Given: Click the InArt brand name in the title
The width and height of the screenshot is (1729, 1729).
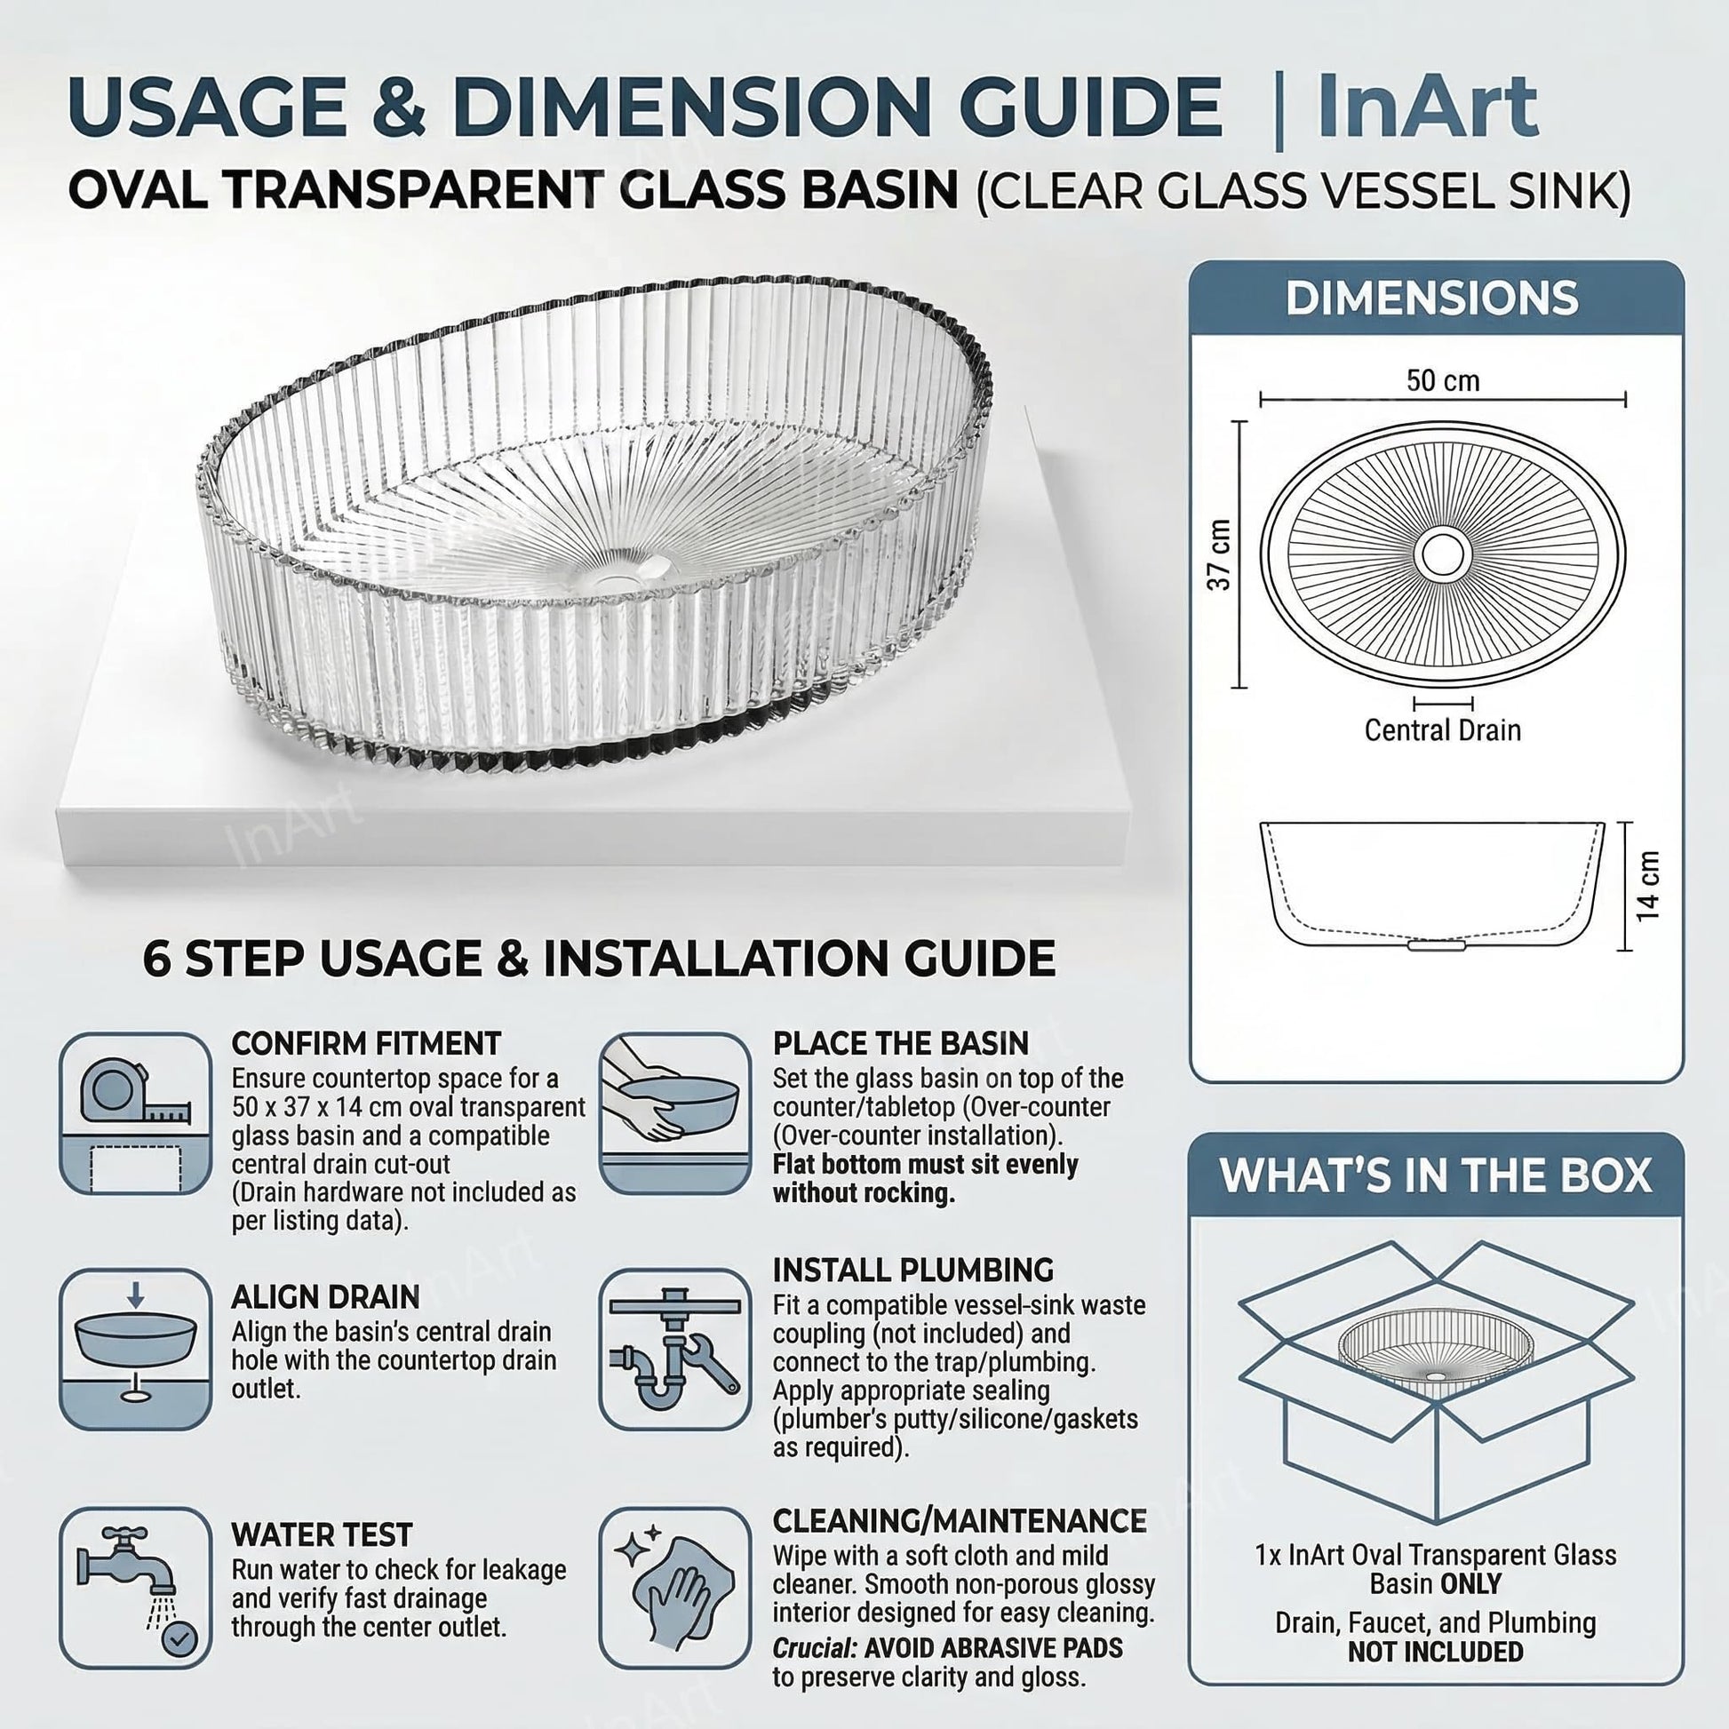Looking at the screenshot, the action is [x=1428, y=108].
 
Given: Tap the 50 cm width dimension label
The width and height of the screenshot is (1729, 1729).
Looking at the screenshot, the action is [x=1443, y=380].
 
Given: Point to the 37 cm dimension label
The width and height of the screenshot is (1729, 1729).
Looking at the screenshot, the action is [x=1219, y=554].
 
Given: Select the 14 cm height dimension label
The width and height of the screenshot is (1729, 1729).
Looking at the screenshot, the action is [x=1647, y=885].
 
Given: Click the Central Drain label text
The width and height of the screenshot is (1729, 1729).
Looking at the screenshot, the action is [x=1443, y=730].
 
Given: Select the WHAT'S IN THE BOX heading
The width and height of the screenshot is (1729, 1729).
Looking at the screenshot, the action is [x=1436, y=1175].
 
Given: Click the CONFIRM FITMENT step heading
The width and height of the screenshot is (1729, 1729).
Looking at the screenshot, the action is [x=366, y=1043].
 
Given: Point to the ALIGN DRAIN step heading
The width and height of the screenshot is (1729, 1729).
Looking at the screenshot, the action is [x=326, y=1297].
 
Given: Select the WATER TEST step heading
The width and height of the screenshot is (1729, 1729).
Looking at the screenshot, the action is [x=323, y=1534].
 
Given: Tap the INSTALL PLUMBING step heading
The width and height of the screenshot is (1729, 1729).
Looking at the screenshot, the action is [x=913, y=1270].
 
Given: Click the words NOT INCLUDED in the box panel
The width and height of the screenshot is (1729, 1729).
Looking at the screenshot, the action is [x=1436, y=1651].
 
